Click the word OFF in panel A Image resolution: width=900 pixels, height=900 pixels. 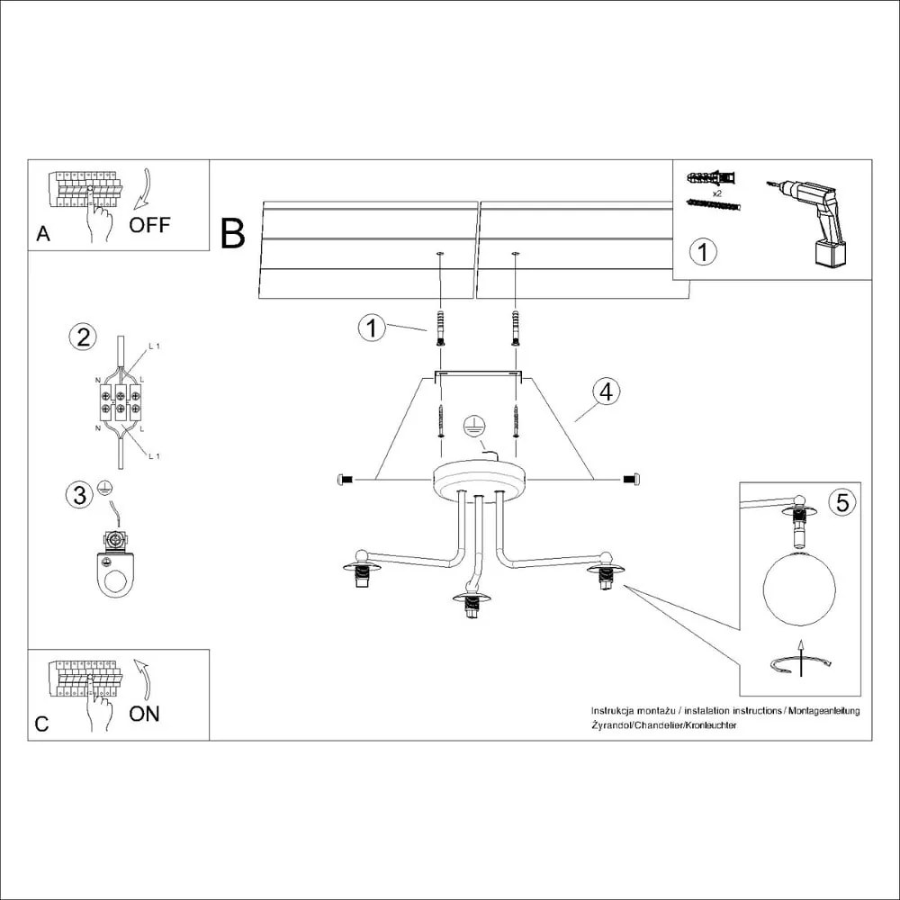(148, 225)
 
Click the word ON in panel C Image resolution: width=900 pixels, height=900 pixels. (144, 714)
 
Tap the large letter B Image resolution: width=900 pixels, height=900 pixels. (232, 234)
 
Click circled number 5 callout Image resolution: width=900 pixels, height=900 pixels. (841, 502)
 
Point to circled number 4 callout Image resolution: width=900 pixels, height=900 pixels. (607, 391)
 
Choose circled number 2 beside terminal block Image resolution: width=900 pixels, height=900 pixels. (83, 337)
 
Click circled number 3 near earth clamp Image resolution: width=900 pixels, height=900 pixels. (79, 494)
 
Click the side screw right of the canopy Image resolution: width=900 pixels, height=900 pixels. (631, 480)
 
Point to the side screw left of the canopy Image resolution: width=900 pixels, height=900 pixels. (344, 480)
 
